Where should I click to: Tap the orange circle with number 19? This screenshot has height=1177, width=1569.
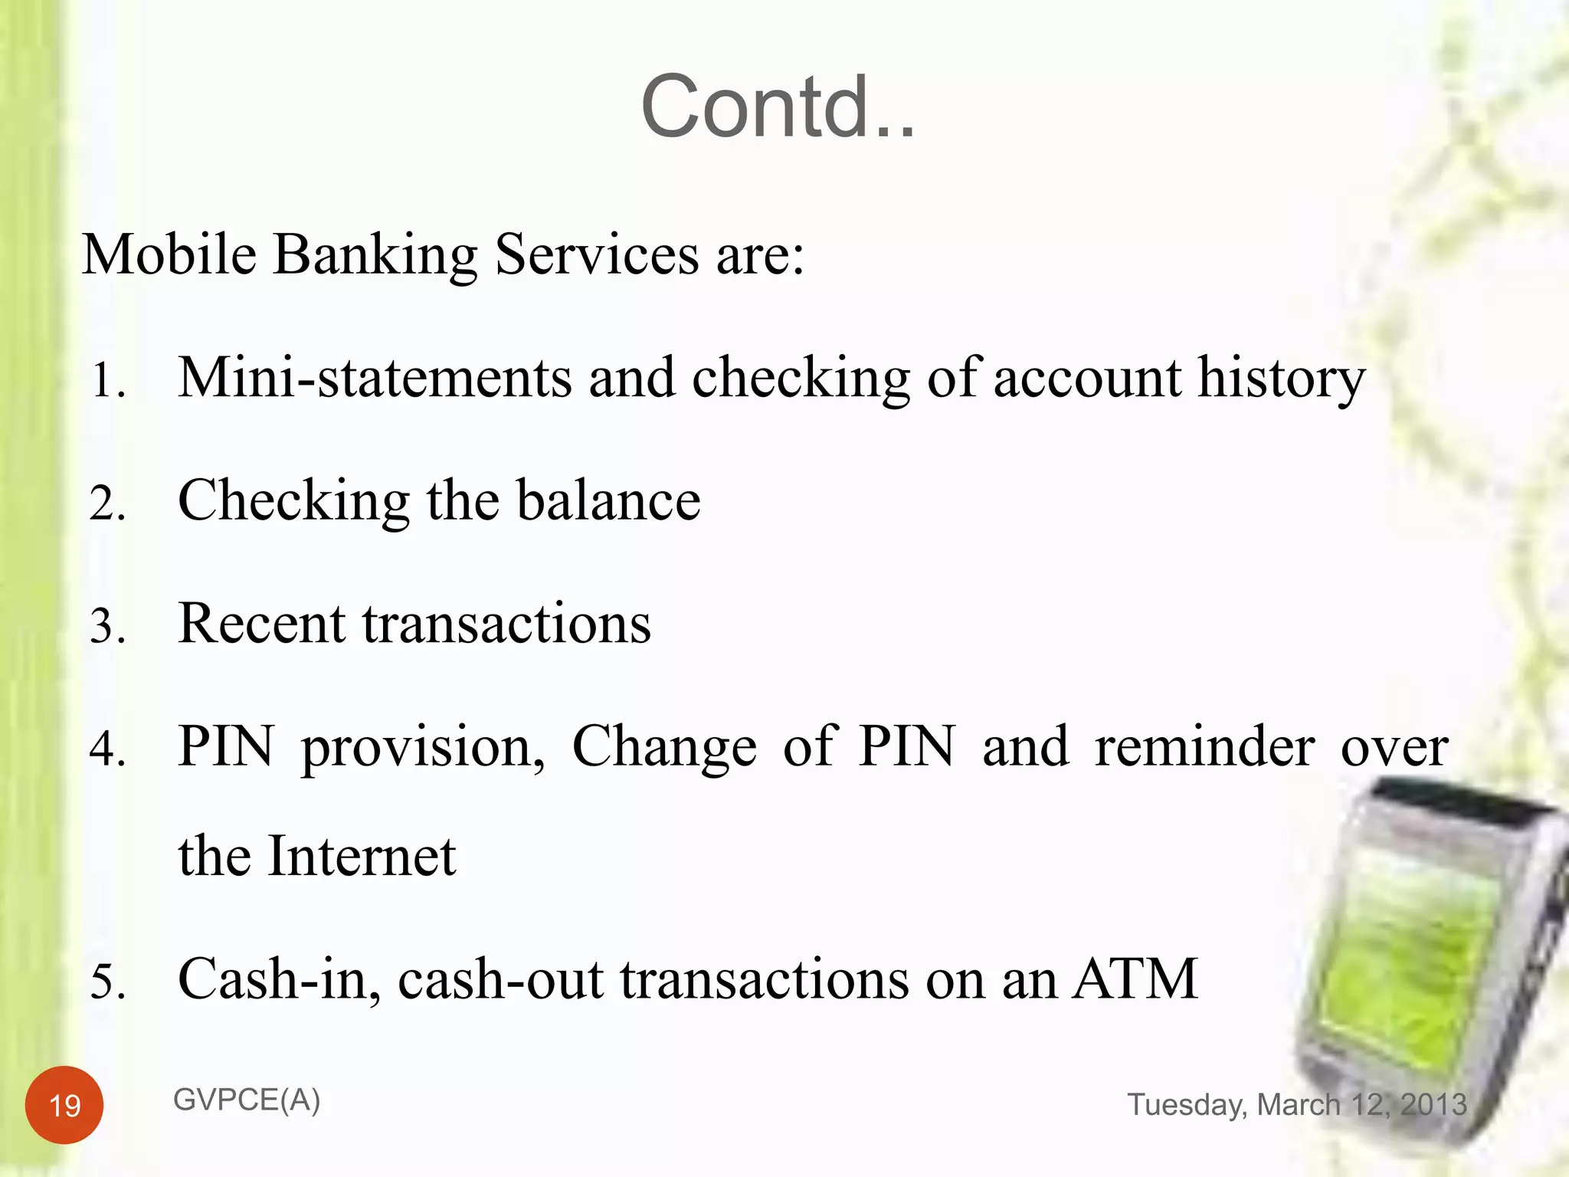[x=64, y=1105]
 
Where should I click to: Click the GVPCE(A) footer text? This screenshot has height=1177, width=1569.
[x=246, y=1100]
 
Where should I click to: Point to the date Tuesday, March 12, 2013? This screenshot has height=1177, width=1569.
[x=1296, y=1105]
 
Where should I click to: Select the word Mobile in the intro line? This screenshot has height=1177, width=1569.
[x=169, y=254]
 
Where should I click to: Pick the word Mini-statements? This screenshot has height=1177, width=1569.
[x=375, y=378]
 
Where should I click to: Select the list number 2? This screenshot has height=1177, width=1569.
[x=106, y=504]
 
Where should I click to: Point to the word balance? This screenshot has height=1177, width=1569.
[x=608, y=500]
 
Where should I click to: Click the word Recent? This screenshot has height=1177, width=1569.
[x=261, y=624]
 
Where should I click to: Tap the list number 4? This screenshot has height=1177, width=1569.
[x=106, y=749]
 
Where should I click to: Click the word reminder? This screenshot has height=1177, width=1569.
[x=1204, y=746]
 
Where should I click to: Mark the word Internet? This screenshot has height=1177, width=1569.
[x=362, y=856]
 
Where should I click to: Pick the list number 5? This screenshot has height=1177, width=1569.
[x=106, y=982]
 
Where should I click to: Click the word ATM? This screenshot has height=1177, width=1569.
[x=1135, y=979]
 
